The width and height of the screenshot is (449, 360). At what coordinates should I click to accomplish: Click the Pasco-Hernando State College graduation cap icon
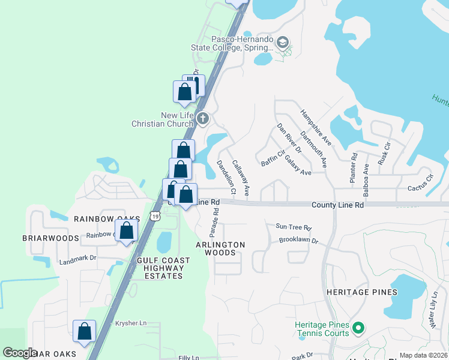(x=283, y=42)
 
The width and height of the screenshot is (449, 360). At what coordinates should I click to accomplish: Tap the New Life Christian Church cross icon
(x=202, y=118)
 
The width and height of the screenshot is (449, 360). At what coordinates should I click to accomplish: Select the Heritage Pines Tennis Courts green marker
(x=358, y=328)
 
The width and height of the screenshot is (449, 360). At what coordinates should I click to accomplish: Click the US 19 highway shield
(x=155, y=215)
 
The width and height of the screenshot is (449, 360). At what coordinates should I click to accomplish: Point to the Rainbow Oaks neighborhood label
(x=107, y=219)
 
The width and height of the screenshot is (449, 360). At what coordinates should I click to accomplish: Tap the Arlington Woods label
(x=221, y=249)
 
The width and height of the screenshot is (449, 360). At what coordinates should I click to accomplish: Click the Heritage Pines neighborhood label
(x=362, y=292)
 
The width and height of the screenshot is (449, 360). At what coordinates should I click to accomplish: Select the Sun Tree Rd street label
(x=294, y=228)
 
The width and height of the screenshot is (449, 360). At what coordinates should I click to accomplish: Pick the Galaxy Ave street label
(x=298, y=164)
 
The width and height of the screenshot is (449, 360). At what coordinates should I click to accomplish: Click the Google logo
(x=20, y=353)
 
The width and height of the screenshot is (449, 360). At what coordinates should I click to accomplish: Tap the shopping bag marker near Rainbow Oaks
(x=126, y=231)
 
